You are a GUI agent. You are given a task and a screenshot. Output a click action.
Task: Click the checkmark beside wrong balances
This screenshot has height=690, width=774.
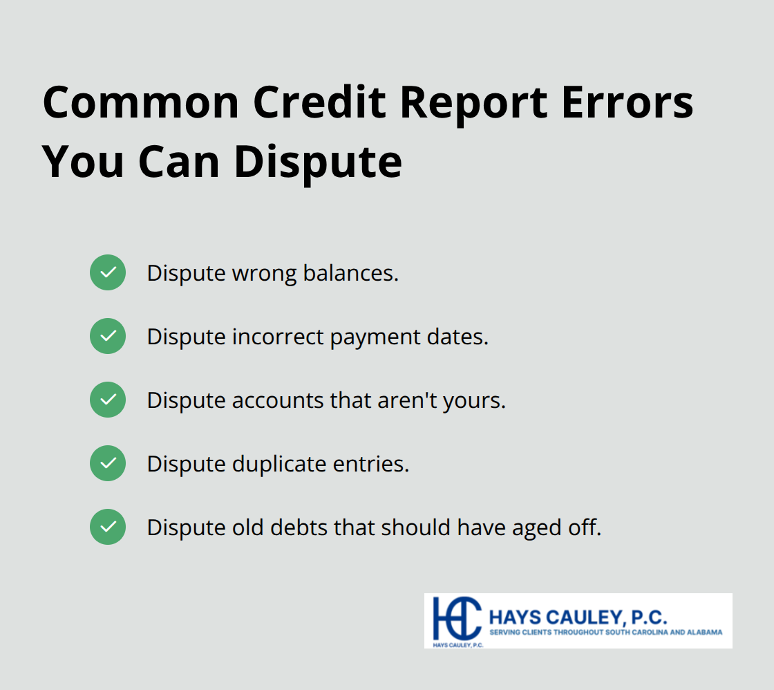pyautogui.click(x=108, y=272)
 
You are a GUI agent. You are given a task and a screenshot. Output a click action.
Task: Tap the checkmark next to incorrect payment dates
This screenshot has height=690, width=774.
pyautogui.click(x=108, y=336)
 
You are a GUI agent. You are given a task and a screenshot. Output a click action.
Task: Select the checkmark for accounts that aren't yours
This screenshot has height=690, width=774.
pyautogui.click(x=108, y=400)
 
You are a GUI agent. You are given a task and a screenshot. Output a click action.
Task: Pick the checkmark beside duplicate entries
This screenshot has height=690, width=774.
pyautogui.click(x=108, y=463)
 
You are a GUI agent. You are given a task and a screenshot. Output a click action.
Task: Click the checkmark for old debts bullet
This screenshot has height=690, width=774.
pyautogui.click(x=108, y=527)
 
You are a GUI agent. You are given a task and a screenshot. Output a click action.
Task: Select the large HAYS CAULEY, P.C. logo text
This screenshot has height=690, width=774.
pyautogui.click(x=578, y=616)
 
